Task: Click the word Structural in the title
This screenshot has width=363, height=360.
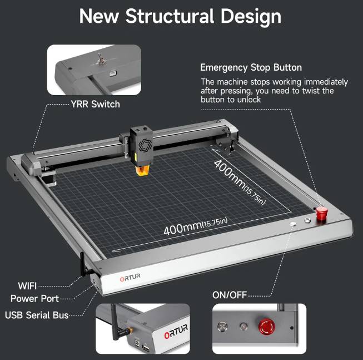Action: tap(169, 17)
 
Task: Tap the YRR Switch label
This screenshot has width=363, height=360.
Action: tap(96, 104)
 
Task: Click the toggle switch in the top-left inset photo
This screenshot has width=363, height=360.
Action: tap(100, 58)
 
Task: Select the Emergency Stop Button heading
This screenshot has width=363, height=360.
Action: tap(251, 68)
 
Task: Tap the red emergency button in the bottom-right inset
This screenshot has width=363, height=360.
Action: tap(266, 326)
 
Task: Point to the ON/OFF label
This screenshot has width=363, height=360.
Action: tap(230, 295)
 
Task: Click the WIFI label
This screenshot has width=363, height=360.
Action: tap(27, 286)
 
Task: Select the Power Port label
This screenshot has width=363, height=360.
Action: tap(34, 299)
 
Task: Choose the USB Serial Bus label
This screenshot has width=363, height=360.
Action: tap(37, 315)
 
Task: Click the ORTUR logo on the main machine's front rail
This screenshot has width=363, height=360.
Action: tap(130, 277)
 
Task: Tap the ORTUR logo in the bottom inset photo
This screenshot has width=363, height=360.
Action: tap(176, 331)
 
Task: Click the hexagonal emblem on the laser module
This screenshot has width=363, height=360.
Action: tap(145, 145)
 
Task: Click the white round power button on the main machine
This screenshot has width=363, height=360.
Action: tap(293, 224)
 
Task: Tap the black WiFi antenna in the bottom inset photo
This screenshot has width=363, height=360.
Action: tap(117, 323)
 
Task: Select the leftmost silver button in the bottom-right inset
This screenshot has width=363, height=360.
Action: tap(222, 327)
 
